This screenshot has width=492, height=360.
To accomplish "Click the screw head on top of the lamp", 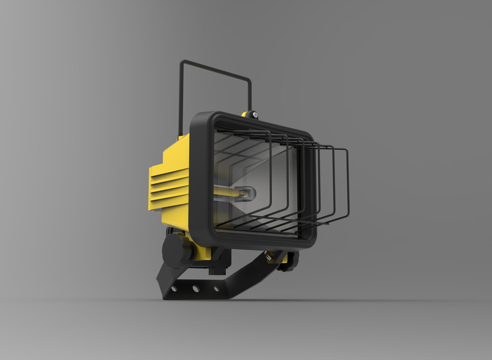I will coord(254,115).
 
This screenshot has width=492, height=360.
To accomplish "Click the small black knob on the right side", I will coord(291,259).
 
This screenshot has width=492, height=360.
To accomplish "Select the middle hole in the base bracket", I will coord(195,289).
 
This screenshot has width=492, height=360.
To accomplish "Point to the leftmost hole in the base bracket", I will coord(175,288).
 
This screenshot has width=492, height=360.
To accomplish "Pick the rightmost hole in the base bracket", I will coord(216,289).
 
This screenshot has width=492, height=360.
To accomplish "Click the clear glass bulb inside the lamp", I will coord(248,193).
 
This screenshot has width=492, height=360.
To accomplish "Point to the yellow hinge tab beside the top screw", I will coord(245,114).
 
